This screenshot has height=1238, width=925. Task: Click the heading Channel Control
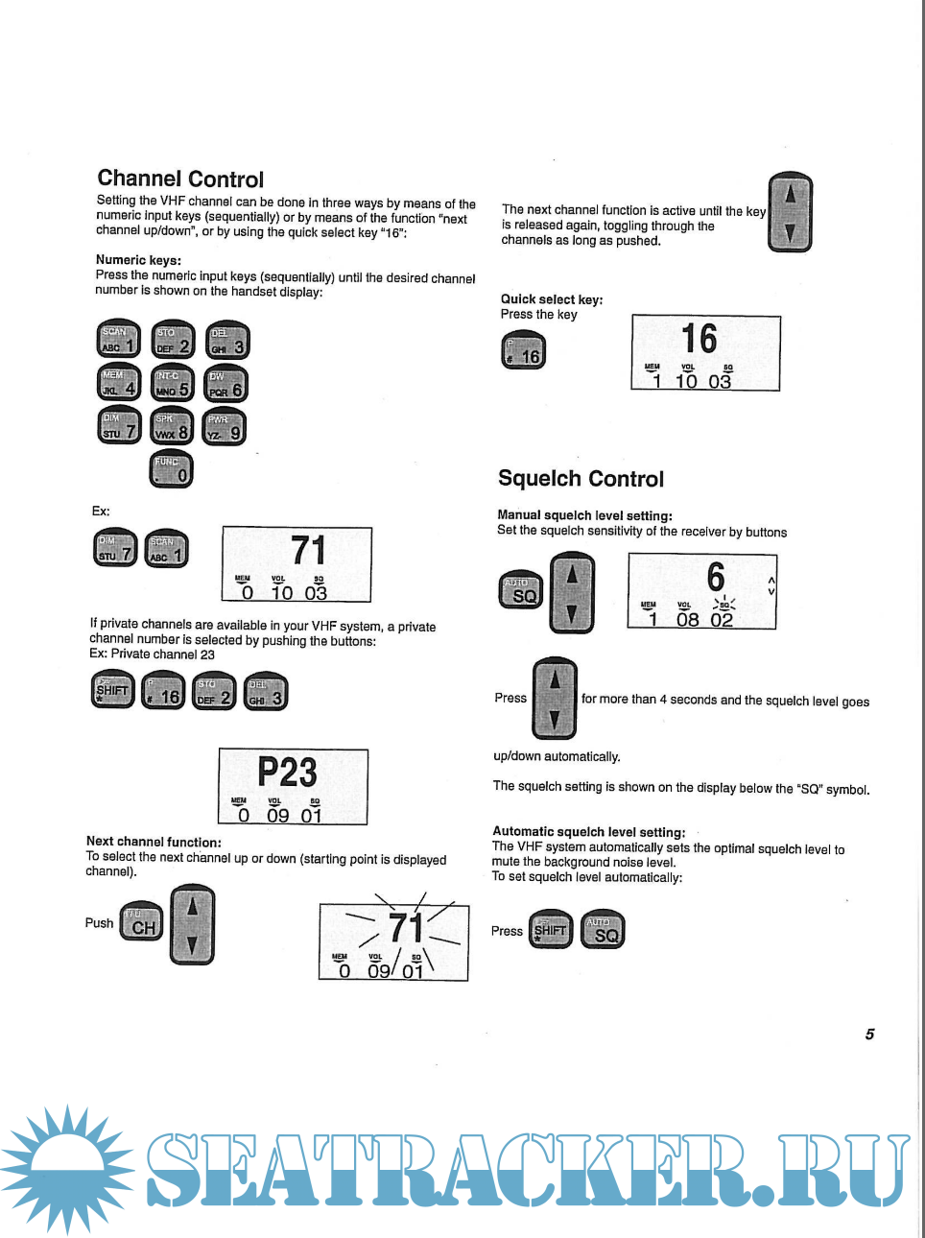180,179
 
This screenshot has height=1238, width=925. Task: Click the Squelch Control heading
581,479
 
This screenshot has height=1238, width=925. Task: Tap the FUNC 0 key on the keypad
172,469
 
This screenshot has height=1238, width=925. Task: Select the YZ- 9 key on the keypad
225,428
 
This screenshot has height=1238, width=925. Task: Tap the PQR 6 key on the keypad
225,384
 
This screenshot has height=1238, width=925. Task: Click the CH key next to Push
141,923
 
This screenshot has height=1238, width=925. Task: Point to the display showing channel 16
705,353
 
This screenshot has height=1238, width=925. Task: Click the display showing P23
293,787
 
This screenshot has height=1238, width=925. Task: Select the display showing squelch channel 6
701,592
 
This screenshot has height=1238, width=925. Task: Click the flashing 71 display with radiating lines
393,940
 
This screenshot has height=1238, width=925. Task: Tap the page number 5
869,1035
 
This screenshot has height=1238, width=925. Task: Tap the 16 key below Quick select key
523,351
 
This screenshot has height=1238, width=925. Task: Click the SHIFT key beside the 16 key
113,691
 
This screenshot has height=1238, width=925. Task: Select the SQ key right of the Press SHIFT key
604,929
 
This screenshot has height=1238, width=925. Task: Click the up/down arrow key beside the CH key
192,925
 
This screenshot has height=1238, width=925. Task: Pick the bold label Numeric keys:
138,260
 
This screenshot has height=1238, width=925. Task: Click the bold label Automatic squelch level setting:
588,832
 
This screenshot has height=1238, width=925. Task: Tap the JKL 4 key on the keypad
119,384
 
